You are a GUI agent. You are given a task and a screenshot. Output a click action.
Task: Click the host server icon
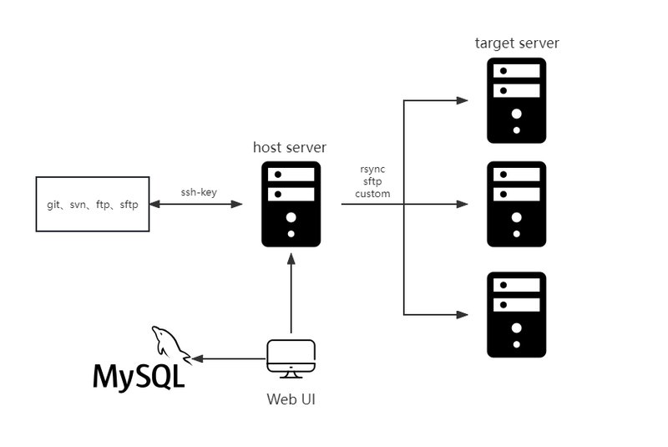coord(291,204)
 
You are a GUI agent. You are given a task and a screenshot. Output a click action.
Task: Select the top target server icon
coord(517,100)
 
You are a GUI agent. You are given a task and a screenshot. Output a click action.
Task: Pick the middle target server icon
coord(517,204)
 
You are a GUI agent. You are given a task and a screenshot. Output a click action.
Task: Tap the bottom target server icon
coord(517,315)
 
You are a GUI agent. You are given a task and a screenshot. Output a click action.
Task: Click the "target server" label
coord(517,43)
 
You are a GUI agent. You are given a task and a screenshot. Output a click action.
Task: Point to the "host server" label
coord(290,147)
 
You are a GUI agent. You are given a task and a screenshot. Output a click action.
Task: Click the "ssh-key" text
coord(199,191)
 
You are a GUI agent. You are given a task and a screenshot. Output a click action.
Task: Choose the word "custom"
coord(372,194)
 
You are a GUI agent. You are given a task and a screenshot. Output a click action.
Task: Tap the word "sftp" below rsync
coord(372,181)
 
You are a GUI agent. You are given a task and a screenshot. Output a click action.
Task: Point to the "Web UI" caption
coord(291,399)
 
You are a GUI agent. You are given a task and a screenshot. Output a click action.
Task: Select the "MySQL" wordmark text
coord(139,377)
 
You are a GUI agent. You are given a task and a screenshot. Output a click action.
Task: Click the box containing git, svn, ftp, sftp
coord(93,204)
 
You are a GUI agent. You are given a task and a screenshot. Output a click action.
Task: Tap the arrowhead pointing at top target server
coord(462,101)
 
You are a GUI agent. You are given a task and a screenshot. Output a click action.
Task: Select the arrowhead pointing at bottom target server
coord(462,315)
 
